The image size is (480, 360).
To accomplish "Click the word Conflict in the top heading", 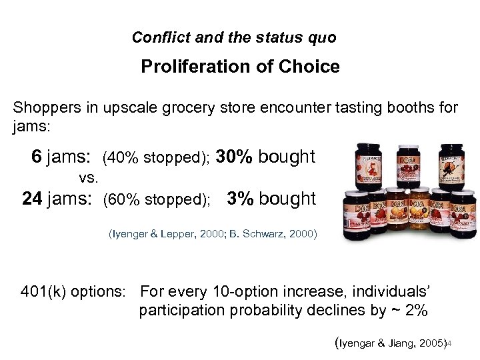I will [x=155, y=37].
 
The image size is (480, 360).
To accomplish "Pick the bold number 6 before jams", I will [x=37, y=157].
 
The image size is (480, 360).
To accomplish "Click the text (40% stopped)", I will [x=157, y=159].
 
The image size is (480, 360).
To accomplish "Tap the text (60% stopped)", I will [x=157, y=200].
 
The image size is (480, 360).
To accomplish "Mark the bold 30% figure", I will [x=235, y=157].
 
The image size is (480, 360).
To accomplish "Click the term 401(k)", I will [x=43, y=291].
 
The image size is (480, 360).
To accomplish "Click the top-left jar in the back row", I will [x=366, y=167].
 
